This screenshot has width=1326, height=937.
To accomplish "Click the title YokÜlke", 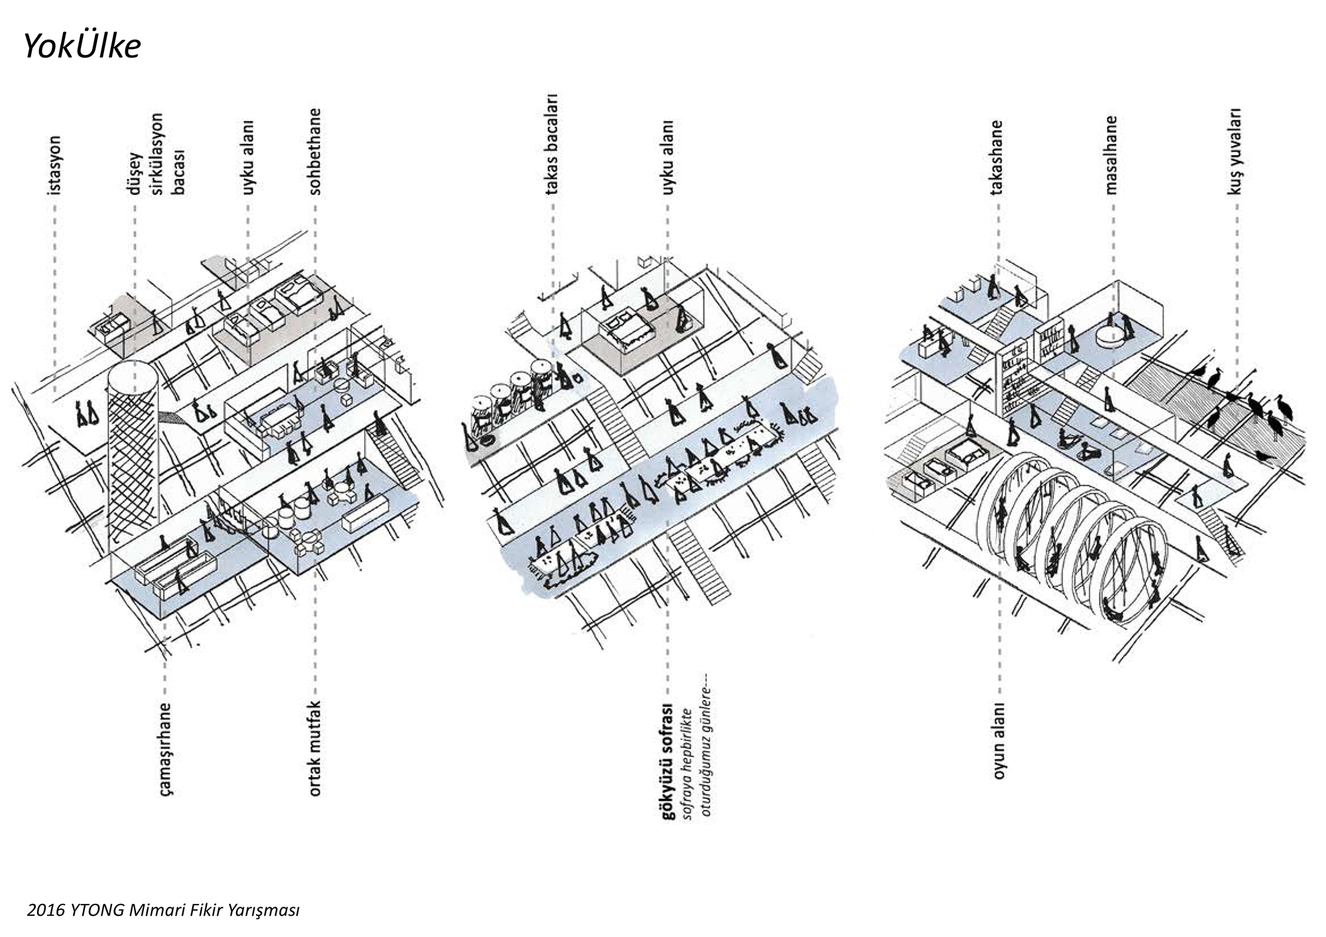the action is tap(82, 46).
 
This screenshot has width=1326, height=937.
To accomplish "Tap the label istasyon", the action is tap(54, 166).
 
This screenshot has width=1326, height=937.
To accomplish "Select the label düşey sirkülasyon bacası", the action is tap(156, 154).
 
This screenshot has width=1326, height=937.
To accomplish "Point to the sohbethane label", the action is tap(315, 152).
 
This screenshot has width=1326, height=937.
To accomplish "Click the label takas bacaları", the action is tap(552, 144).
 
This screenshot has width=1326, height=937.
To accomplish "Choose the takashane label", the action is tap(996, 158).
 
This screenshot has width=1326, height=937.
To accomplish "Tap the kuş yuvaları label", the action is tap(1235, 152).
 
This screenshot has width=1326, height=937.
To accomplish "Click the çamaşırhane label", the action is tap(165, 749).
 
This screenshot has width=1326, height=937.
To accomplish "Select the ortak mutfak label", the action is tap(315, 748).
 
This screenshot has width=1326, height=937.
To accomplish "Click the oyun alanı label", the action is tap(998, 740).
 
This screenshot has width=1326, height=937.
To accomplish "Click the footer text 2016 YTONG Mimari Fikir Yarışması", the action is tap(163, 910).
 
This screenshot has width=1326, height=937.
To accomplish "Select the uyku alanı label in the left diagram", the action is tap(248, 158).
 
